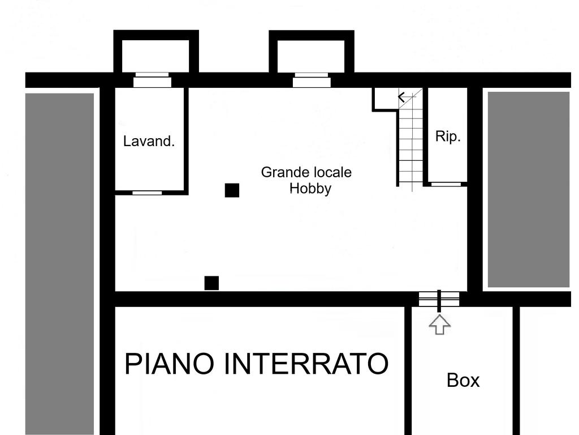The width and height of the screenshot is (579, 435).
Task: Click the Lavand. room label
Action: point(149,141)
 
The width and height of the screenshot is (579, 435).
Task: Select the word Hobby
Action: point(310,189)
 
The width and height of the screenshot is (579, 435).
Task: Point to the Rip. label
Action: point(448,137)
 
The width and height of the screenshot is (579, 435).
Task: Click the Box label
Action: point(463,380)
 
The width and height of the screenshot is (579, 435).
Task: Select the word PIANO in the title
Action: point(170,364)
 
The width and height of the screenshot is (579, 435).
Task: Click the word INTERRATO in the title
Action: point(306,364)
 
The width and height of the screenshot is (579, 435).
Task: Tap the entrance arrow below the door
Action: point(440,325)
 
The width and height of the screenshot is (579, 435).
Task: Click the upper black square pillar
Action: point(232,190)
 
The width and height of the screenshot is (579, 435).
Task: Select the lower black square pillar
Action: point(211,283)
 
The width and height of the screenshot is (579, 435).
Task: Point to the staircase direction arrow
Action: point(402,97)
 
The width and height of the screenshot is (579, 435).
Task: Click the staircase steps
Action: point(411,142)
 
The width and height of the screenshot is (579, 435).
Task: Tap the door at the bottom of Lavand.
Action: point(147,193)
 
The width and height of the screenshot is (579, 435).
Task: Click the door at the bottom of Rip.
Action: point(446,184)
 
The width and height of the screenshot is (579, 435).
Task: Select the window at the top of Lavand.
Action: point(152,82)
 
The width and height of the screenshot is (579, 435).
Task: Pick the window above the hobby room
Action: point(312,82)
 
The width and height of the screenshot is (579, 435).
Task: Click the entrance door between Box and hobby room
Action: point(439,298)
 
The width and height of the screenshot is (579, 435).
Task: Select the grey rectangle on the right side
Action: point(529,189)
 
